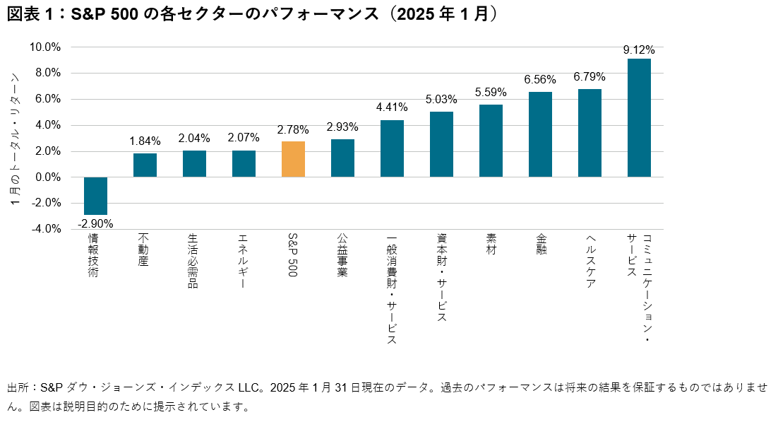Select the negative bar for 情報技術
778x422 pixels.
click(x=95, y=196)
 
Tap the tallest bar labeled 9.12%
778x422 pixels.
click(x=639, y=117)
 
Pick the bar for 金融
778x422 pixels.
click(x=540, y=134)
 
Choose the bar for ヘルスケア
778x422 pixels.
click(x=590, y=133)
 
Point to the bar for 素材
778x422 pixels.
click(x=491, y=141)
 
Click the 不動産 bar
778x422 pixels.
click(x=145, y=165)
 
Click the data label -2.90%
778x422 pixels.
click(x=95, y=223)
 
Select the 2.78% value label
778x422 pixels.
click(x=293, y=131)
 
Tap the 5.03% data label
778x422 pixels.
click(x=441, y=100)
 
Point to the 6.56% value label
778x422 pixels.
click(x=540, y=80)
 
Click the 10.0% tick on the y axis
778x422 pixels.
click(x=45, y=47)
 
